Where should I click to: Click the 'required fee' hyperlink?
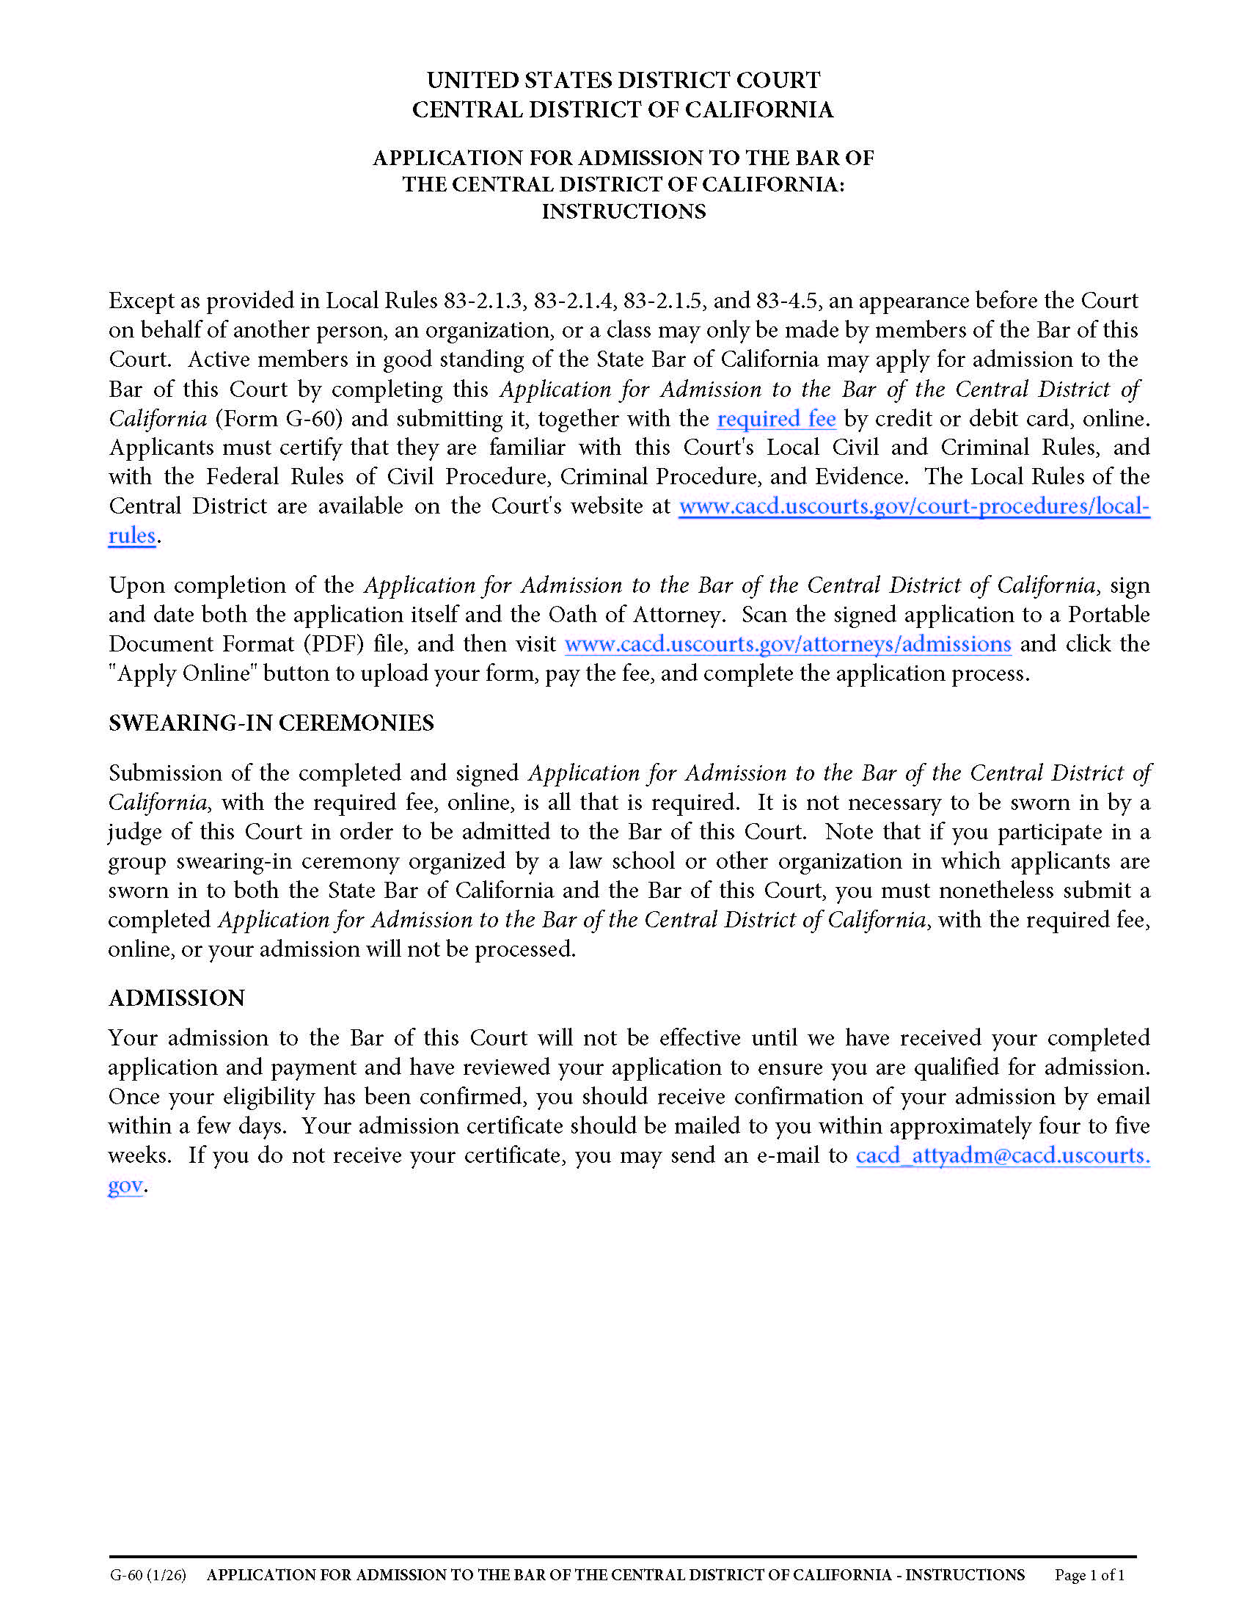click(x=775, y=419)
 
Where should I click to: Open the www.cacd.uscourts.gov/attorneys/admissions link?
click(x=788, y=643)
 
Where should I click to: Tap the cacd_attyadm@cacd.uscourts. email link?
click(x=1003, y=1155)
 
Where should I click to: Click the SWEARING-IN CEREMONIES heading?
click(x=271, y=723)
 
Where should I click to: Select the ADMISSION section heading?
click(x=177, y=998)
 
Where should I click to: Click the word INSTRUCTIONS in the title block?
click(x=623, y=211)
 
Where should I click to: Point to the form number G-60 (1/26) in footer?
click(x=147, y=1575)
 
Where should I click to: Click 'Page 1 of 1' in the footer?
click(x=1089, y=1575)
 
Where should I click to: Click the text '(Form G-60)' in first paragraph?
click(x=279, y=419)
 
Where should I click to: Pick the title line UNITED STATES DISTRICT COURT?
click(x=623, y=80)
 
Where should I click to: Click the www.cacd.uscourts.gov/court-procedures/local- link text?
click(x=914, y=506)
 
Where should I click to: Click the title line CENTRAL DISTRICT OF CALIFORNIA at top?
click(x=623, y=109)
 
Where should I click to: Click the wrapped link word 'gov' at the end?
click(x=125, y=1185)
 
